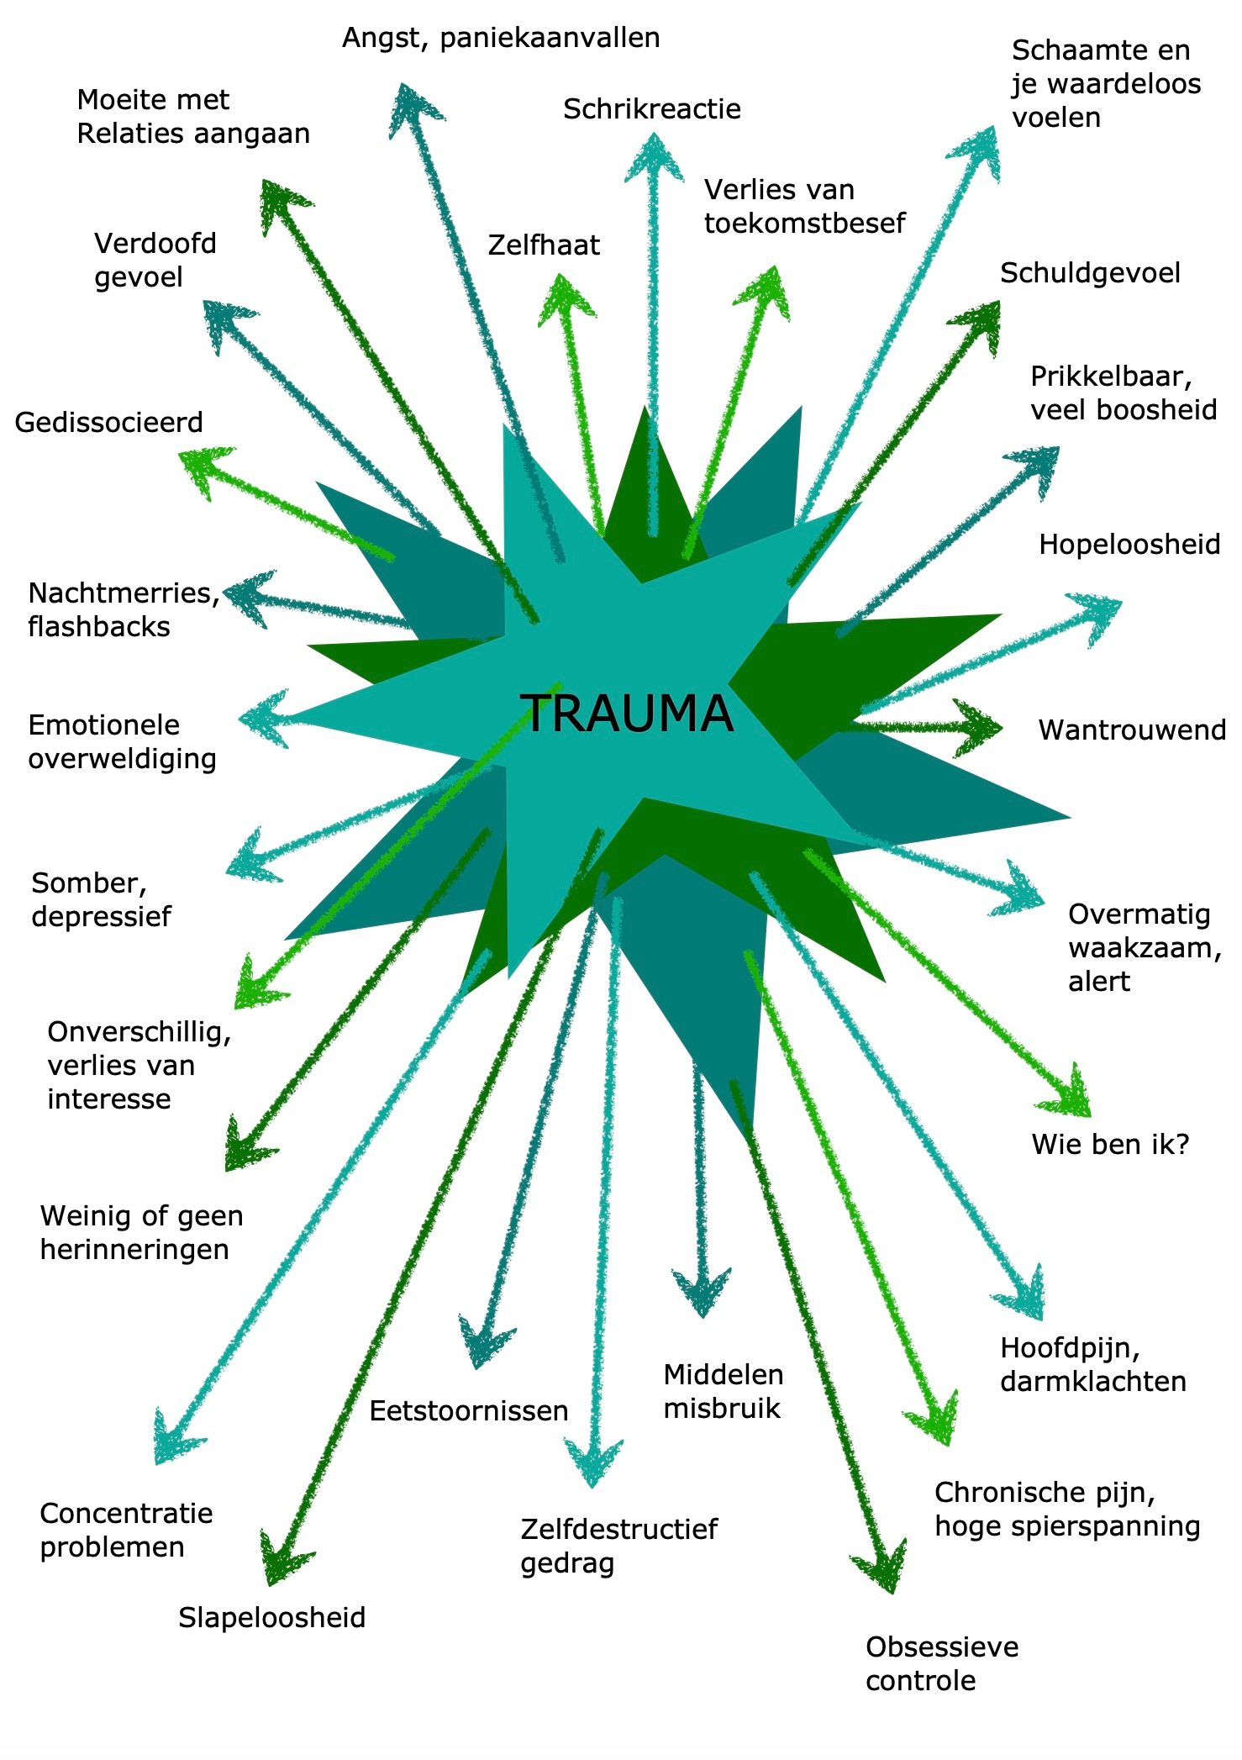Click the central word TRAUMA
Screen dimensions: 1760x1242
click(627, 714)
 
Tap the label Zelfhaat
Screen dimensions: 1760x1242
click(544, 245)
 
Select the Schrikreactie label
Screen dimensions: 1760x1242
click(652, 109)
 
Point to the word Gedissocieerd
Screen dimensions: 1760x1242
click(109, 422)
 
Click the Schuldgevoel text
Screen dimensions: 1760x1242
click(1090, 273)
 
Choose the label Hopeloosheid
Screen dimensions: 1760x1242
click(1129, 545)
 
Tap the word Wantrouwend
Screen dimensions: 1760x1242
click(1132, 730)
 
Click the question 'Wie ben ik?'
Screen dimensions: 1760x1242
click(1110, 1145)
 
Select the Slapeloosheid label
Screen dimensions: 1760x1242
click(271, 1618)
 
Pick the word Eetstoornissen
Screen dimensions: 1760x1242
click(469, 1410)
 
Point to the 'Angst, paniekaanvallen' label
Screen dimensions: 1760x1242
click(501, 38)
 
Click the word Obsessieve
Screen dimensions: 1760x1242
click(942, 1647)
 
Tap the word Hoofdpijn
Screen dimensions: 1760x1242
click(1070, 1348)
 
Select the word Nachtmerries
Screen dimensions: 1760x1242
click(124, 593)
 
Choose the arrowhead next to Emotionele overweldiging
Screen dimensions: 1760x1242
click(263, 718)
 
